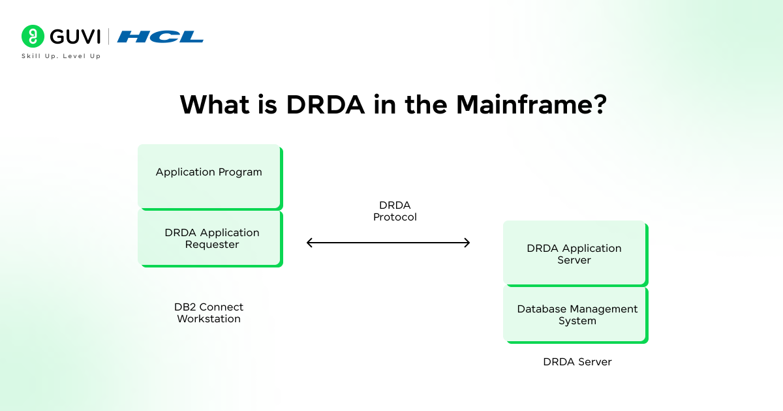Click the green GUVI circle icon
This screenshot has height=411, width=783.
[x=32, y=37]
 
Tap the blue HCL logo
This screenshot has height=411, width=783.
[x=161, y=37]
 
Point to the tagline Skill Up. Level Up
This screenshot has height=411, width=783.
[x=61, y=56]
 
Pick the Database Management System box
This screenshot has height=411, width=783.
[x=574, y=314]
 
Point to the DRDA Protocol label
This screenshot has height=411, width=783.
[x=395, y=211]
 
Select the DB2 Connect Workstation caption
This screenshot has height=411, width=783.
[x=209, y=313]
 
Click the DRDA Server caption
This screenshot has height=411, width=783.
[x=577, y=361]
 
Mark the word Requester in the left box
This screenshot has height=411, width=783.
[x=212, y=245]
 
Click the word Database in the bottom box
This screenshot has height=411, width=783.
[x=544, y=309]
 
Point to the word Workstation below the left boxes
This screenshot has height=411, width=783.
[x=209, y=319]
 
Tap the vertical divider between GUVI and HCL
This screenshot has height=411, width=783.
[x=109, y=37]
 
